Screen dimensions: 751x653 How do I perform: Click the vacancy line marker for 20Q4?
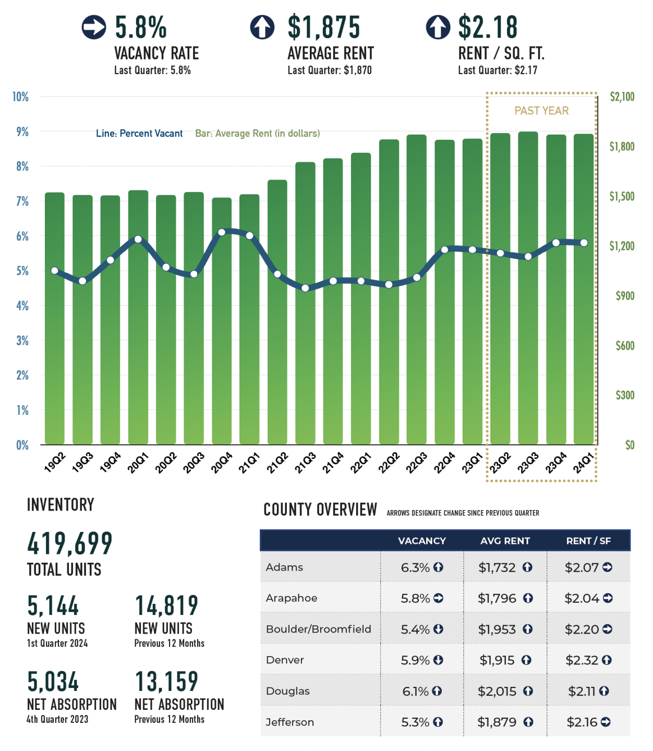222,232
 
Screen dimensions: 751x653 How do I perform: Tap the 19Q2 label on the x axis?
55,462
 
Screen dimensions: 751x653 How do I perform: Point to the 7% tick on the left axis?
22,201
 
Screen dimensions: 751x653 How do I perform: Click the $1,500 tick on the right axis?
622,197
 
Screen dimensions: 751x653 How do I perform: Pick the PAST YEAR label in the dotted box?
541,111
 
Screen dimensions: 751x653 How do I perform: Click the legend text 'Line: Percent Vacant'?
139,134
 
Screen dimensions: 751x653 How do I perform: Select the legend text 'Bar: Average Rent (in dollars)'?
258,134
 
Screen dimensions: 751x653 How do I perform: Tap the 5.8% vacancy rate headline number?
141,28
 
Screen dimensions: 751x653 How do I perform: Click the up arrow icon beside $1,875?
262,27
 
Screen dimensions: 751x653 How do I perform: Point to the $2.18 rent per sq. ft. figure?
488,28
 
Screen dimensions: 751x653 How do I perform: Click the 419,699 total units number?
70,544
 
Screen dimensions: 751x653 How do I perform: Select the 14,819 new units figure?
166,606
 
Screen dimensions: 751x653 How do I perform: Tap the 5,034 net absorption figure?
53,682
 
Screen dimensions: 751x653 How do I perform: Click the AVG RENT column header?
505,541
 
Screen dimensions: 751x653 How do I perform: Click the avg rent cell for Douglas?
498,692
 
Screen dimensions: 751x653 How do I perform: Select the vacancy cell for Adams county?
415,567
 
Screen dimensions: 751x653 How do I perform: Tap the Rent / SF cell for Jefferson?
582,722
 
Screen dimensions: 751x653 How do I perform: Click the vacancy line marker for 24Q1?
584,243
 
